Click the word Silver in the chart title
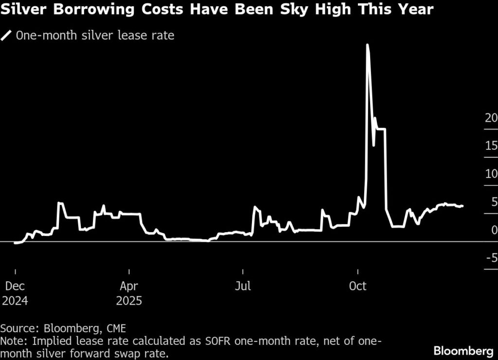[24, 9]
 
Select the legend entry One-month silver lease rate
[95, 36]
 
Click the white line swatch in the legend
[7, 36]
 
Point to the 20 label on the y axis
[491, 118]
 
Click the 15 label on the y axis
[491, 145]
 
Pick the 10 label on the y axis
[491, 174]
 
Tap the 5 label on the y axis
[494, 201]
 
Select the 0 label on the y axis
[494, 230]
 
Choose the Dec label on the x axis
[15, 286]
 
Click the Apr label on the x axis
[129, 286]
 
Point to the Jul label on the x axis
[243, 286]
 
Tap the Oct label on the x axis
[357, 286]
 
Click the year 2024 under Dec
[15, 301]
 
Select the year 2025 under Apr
[129, 301]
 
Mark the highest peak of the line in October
[367, 45]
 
